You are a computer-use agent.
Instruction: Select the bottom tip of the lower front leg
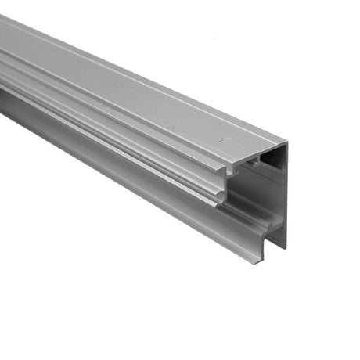(257, 261)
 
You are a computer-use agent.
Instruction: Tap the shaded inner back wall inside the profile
(262, 188)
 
